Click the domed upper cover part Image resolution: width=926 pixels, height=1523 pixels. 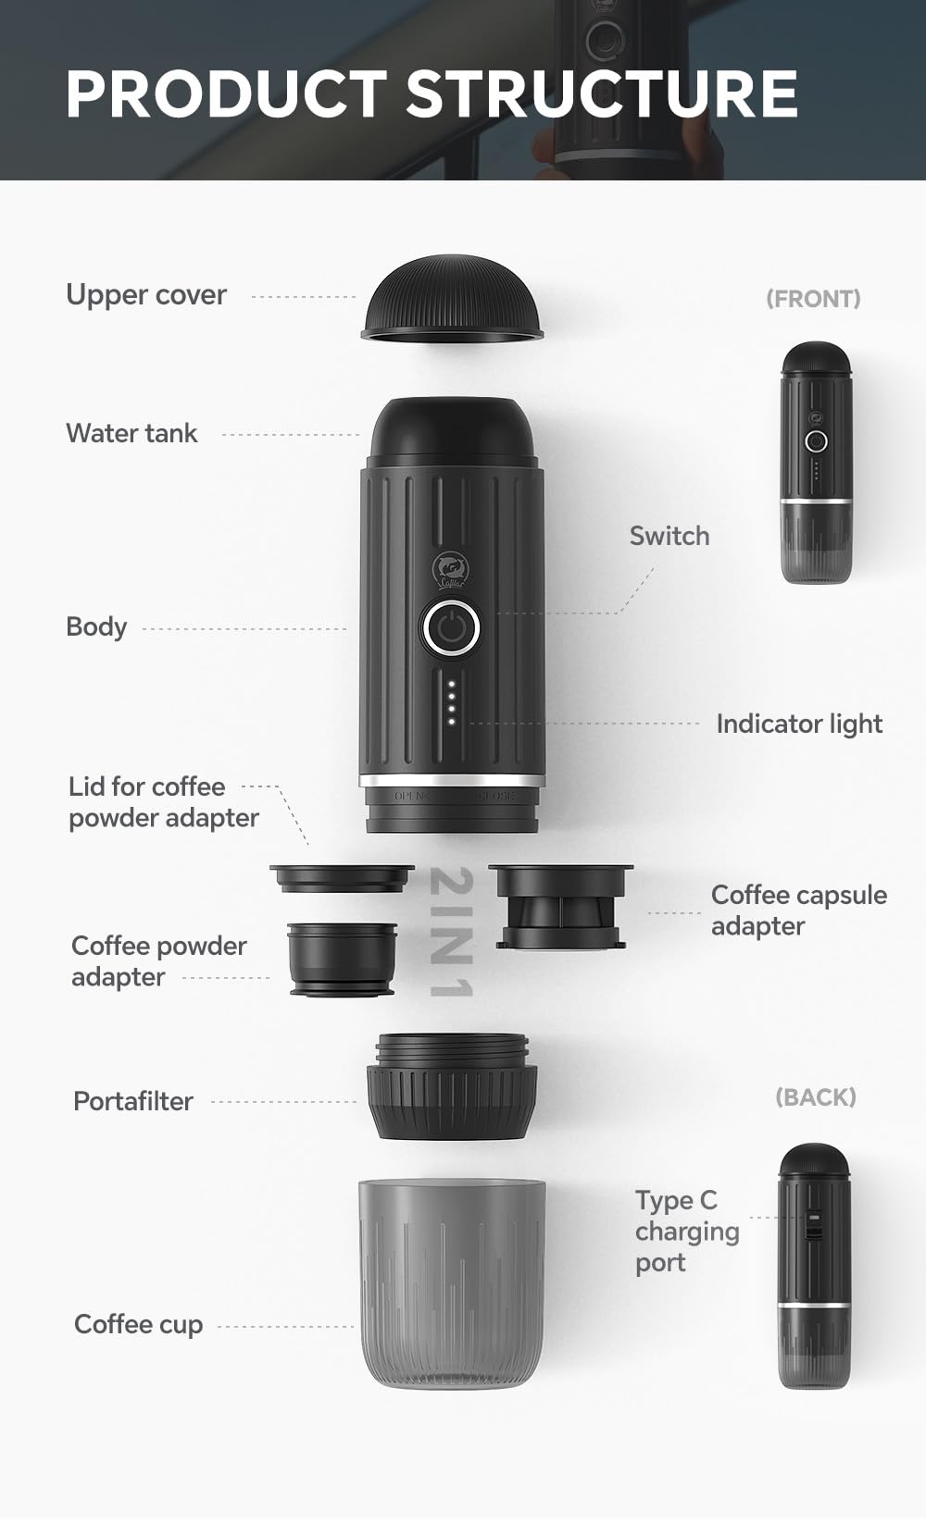point(452,299)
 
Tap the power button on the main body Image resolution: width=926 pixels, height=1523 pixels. point(451,628)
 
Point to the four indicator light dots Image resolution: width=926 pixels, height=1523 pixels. point(451,703)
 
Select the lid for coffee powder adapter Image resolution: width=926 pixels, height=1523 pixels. point(341,878)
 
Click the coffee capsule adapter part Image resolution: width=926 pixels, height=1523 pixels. point(560,907)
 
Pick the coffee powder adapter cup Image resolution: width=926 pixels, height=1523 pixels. point(342,960)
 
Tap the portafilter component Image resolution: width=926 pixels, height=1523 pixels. point(452,1087)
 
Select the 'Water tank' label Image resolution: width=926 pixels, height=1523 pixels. point(131,433)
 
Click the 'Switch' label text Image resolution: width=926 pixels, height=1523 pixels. point(669,536)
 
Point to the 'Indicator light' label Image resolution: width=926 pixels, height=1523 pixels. point(798,724)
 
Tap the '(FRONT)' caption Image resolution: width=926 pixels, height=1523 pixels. point(813,299)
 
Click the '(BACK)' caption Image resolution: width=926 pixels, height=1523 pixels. point(815,1097)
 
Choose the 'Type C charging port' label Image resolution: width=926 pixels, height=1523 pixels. point(686,1232)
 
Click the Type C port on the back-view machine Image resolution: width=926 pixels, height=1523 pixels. point(813,1227)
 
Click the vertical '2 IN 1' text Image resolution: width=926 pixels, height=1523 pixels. point(452,933)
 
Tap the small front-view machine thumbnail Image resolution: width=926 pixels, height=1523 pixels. point(815,463)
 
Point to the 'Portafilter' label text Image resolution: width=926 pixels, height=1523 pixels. point(133,1101)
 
